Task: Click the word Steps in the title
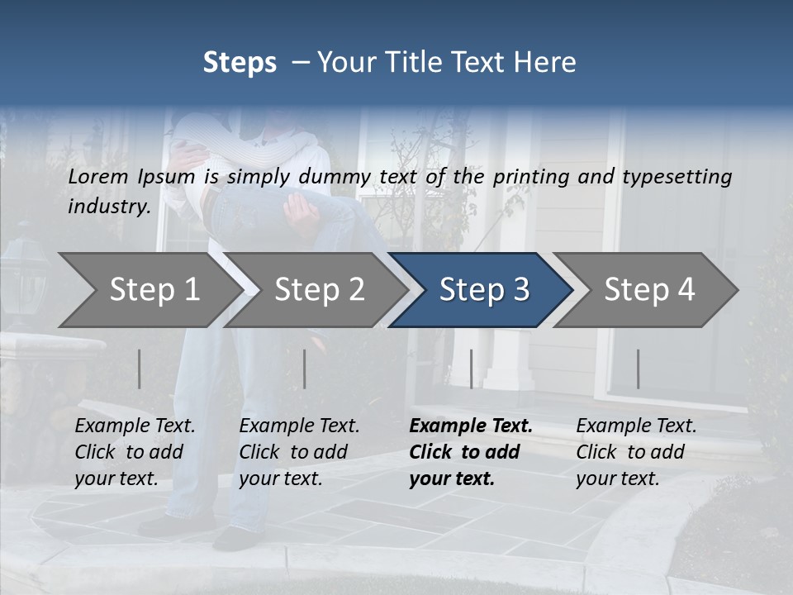(x=240, y=63)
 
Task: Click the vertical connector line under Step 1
(x=139, y=369)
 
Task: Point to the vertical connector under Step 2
(x=305, y=369)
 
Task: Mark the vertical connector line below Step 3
(x=472, y=369)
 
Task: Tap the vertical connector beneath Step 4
(x=638, y=369)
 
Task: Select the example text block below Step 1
(x=135, y=452)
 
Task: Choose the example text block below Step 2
(x=299, y=452)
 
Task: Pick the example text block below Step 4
(x=636, y=452)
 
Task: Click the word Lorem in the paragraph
(x=98, y=176)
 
